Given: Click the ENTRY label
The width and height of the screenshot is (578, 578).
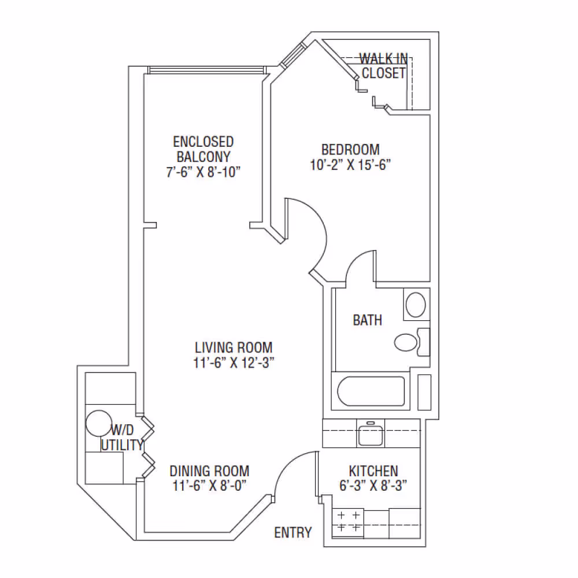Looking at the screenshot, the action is [x=292, y=532].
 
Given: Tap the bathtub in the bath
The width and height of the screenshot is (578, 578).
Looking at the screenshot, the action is [x=371, y=391].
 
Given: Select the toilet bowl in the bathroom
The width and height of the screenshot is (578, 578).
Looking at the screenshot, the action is [x=406, y=342].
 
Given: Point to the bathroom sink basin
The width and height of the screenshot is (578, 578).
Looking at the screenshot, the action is [x=416, y=305].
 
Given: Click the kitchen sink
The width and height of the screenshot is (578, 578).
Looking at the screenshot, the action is [x=370, y=433].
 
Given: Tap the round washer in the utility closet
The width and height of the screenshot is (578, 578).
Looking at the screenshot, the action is [x=99, y=423].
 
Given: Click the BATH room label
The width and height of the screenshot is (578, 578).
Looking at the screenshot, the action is [x=367, y=320].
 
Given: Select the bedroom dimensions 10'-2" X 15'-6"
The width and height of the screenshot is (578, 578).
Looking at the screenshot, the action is [x=350, y=165].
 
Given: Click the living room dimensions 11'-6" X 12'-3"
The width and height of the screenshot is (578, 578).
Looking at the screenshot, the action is [x=234, y=363].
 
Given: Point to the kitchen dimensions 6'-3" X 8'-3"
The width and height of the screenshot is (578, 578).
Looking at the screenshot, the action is [x=373, y=486].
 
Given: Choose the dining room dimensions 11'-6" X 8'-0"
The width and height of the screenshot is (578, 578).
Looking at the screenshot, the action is [x=209, y=486].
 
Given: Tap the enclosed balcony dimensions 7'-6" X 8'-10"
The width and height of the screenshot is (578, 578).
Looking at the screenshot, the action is [x=203, y=172].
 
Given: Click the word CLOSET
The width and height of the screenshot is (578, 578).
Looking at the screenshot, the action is [x=384, y=73].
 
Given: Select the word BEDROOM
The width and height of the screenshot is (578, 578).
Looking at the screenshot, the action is [x=350, y=150].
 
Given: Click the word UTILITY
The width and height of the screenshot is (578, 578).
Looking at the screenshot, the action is [x=122, y=445].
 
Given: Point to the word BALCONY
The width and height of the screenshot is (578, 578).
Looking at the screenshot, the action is [x=203, y=157].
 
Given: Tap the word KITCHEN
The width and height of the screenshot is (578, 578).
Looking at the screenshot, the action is [x=373, y=470].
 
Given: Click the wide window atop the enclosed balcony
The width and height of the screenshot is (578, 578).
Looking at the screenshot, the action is [x=206, y=70].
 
